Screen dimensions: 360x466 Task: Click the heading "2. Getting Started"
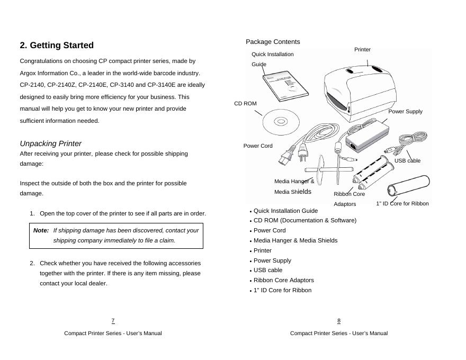[57, 46]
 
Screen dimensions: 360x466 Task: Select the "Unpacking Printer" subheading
[51, 143]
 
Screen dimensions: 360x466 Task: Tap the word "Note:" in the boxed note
[41, 231]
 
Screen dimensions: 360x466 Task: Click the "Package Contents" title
[273, 42]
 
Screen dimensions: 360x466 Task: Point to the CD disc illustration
[281, 122]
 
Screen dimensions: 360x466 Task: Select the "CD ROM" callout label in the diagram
[245, 104]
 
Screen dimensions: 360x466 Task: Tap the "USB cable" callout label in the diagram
[407, 161]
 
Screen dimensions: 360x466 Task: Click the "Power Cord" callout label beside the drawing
[258, 146]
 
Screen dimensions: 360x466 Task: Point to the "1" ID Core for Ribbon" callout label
[402, 204]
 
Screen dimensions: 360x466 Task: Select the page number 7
[113, 321]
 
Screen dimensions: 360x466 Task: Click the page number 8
[339, 321]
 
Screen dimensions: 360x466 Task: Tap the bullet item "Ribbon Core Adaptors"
[283, 281]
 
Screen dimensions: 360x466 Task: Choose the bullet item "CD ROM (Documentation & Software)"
[304, 221]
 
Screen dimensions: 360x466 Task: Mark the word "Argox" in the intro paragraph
[28, 73]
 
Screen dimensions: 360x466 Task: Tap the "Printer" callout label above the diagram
[362, 50]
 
